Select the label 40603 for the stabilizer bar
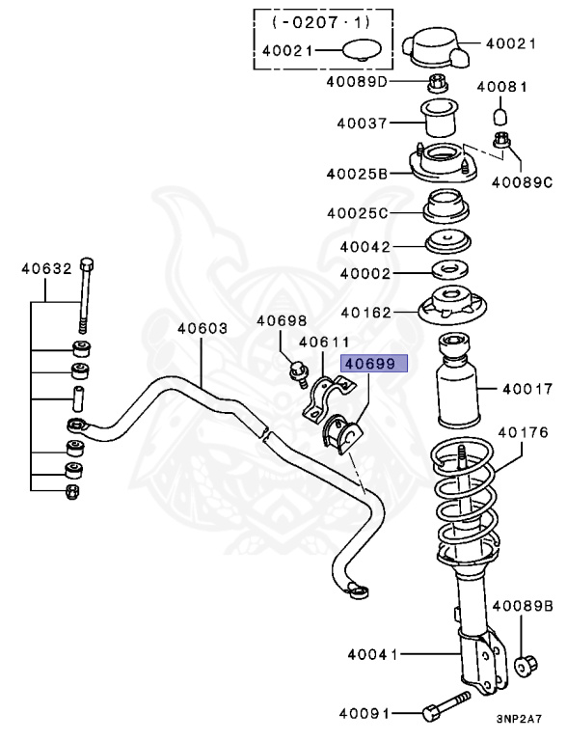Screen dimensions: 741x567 tap(202, 328)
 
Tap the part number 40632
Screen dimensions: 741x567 tap(46, 269)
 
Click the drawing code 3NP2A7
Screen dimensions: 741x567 tap(521, 719)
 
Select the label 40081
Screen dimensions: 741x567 tap(501, 88)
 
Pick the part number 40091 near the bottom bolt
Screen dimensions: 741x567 tap(364, 714)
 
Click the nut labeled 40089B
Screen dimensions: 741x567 tap(526, 665)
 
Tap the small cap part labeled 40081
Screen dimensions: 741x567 tap(500, 117)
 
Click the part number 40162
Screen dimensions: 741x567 tap(364, 313)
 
